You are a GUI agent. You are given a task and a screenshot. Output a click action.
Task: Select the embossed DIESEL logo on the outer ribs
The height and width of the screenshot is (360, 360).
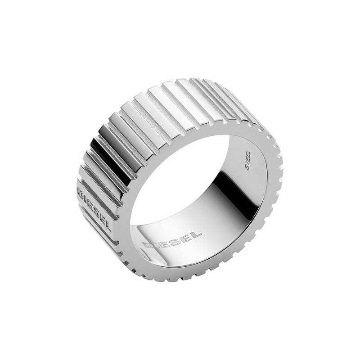pos(96,203)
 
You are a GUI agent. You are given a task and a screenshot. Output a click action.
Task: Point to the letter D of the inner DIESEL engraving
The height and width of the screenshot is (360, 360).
pos(150,246)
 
